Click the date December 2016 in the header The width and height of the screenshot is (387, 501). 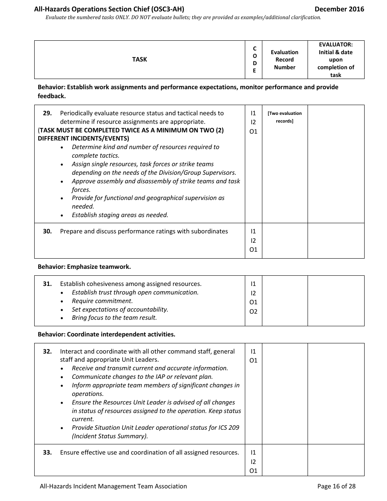(339, 9)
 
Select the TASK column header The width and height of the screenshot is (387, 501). (139, 59)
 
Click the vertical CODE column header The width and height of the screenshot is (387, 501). (255, 59)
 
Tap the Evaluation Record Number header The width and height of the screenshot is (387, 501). (284, 59)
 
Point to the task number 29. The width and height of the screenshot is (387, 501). (47, 113)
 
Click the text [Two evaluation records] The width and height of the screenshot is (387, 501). (284, 117)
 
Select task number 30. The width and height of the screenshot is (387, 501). (47, 231)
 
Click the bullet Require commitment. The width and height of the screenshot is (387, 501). (102, 301)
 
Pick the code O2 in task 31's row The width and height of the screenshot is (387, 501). (253, 312)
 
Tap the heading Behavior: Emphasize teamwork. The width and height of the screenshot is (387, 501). (84, 267)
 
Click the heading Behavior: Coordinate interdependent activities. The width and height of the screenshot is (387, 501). (106, 334)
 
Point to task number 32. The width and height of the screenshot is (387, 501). (47, 352)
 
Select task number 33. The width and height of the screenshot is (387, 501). (47, 453)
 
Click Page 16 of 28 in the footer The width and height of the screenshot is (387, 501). (336, 486)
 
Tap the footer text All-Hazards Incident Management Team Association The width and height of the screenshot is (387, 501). (113, 486)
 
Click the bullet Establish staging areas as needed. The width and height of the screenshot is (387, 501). (120, 215)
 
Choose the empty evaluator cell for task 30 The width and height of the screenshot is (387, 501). (336, 240)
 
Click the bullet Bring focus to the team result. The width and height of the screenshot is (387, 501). (114, 318)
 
